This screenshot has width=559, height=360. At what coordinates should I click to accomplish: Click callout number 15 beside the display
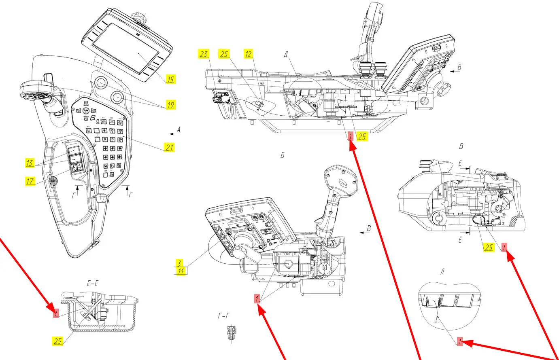tap(171, 79)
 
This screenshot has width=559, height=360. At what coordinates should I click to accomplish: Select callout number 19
tap(170, 105)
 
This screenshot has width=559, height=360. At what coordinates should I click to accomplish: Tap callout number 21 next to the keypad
tap(169, 147)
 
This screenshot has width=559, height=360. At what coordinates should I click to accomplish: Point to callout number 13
tap(30, 163)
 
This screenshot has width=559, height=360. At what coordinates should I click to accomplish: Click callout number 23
tap(204, 54)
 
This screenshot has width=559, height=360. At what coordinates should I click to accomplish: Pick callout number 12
tap(248, 54)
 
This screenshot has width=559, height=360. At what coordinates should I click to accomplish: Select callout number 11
tap(181, 271)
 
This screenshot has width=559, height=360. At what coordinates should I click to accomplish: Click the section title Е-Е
tap(92, 284)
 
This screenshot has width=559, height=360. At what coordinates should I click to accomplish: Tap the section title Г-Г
tap(224, 316)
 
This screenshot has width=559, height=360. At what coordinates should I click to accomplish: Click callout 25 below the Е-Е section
tap(58, 341)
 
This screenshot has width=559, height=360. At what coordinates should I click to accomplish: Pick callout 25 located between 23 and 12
tap(224, 54)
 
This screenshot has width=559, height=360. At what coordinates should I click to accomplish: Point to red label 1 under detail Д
tap(459, 341)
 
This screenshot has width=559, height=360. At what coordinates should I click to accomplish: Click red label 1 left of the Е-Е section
tap(56, 313)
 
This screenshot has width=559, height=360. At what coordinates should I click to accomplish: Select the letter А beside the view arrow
tap(178, 130)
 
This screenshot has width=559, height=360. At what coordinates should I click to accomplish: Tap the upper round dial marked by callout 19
tap(100, 83)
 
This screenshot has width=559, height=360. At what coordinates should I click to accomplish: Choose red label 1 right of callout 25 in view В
tap(504, 247)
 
